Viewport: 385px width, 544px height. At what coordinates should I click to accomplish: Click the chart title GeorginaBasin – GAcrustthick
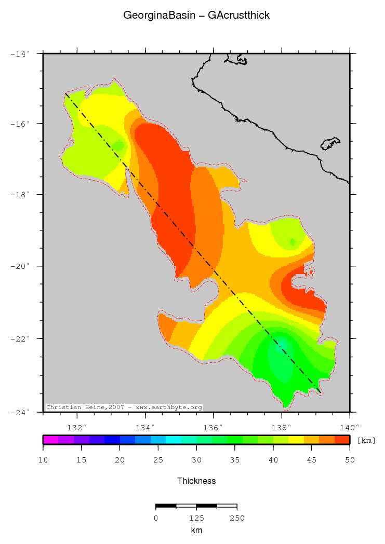[x=196, y=16]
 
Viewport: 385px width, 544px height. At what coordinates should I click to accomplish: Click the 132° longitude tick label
[x=77, y=428]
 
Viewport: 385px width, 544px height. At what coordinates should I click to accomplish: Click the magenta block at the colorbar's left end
[x=50, y=440]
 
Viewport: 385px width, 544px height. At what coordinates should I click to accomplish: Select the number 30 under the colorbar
[x=196, y=460]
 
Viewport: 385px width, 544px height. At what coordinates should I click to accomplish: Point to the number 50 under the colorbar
[x=349, y=460]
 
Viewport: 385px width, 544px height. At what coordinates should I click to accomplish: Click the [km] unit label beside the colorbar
[x=366, y=440]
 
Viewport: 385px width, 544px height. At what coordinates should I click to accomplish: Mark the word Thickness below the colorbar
[x=196, y=481]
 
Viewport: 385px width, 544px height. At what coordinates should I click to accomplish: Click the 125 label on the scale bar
[x=196, y=518]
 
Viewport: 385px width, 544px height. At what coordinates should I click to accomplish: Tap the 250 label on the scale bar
[x=237, y=518]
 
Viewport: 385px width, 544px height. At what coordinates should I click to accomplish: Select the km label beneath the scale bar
[x=196, y=530]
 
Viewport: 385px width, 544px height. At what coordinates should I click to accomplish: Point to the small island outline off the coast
[x=330, y=143]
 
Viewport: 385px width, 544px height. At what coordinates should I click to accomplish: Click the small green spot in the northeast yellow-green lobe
[x=293, y=242]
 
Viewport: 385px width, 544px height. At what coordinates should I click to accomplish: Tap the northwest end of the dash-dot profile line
[x=66, y=94]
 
